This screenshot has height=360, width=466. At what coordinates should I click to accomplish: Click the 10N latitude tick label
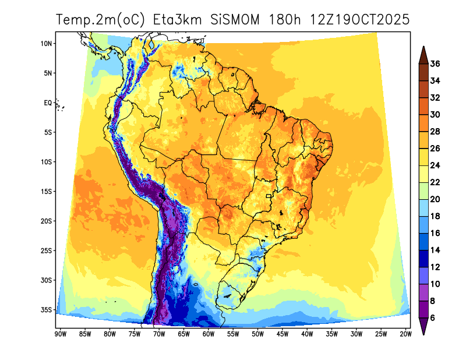[x=47, y=44]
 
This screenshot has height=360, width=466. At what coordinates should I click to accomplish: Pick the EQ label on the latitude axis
[x=48, y=103]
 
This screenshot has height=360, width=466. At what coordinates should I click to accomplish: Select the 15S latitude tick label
[x=47, y=192]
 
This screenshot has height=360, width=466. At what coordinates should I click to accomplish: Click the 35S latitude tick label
[x=47, y=309]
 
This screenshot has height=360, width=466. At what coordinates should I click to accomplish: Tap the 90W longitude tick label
[x=59, y=334]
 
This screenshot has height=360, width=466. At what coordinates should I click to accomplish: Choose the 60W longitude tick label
[x=208, y=334]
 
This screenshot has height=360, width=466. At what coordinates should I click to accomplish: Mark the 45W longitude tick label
[x=283, y=334]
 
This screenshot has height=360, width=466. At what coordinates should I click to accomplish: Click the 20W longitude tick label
[x=406, y=334]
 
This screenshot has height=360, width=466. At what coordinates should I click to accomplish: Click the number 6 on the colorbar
[x=433, y=317]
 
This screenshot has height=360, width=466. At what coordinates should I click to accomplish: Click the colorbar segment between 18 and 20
[x=423, y=208]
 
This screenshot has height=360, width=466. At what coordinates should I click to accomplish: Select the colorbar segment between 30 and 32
[x=423, y=106]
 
